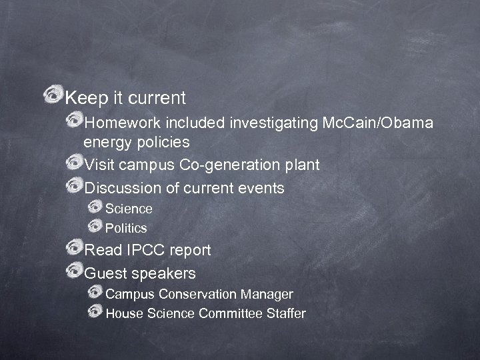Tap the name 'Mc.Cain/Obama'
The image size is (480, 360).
click(x=377, y=123)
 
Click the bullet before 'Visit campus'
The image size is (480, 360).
click(x=74, y=163)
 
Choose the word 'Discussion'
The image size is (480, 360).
click(x=123, y=188)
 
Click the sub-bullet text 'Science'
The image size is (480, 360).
click(x=129, y=209)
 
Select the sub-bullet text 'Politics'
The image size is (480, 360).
click(x=126, y=228)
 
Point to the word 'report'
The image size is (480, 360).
click(x=190, y=250)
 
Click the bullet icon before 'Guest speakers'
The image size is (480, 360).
click(x=74, y=271)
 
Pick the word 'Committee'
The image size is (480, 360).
click(x=231, y=313)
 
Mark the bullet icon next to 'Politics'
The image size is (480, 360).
click(x=95, y=227)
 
